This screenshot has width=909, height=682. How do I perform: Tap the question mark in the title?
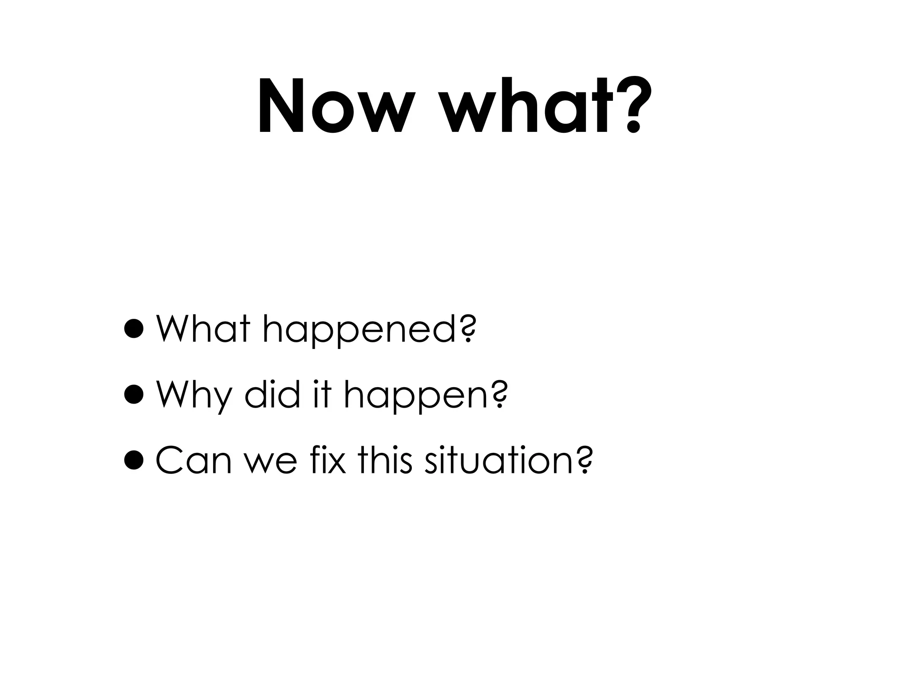pos(632,107)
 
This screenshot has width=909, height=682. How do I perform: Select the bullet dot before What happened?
pos(134,329)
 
